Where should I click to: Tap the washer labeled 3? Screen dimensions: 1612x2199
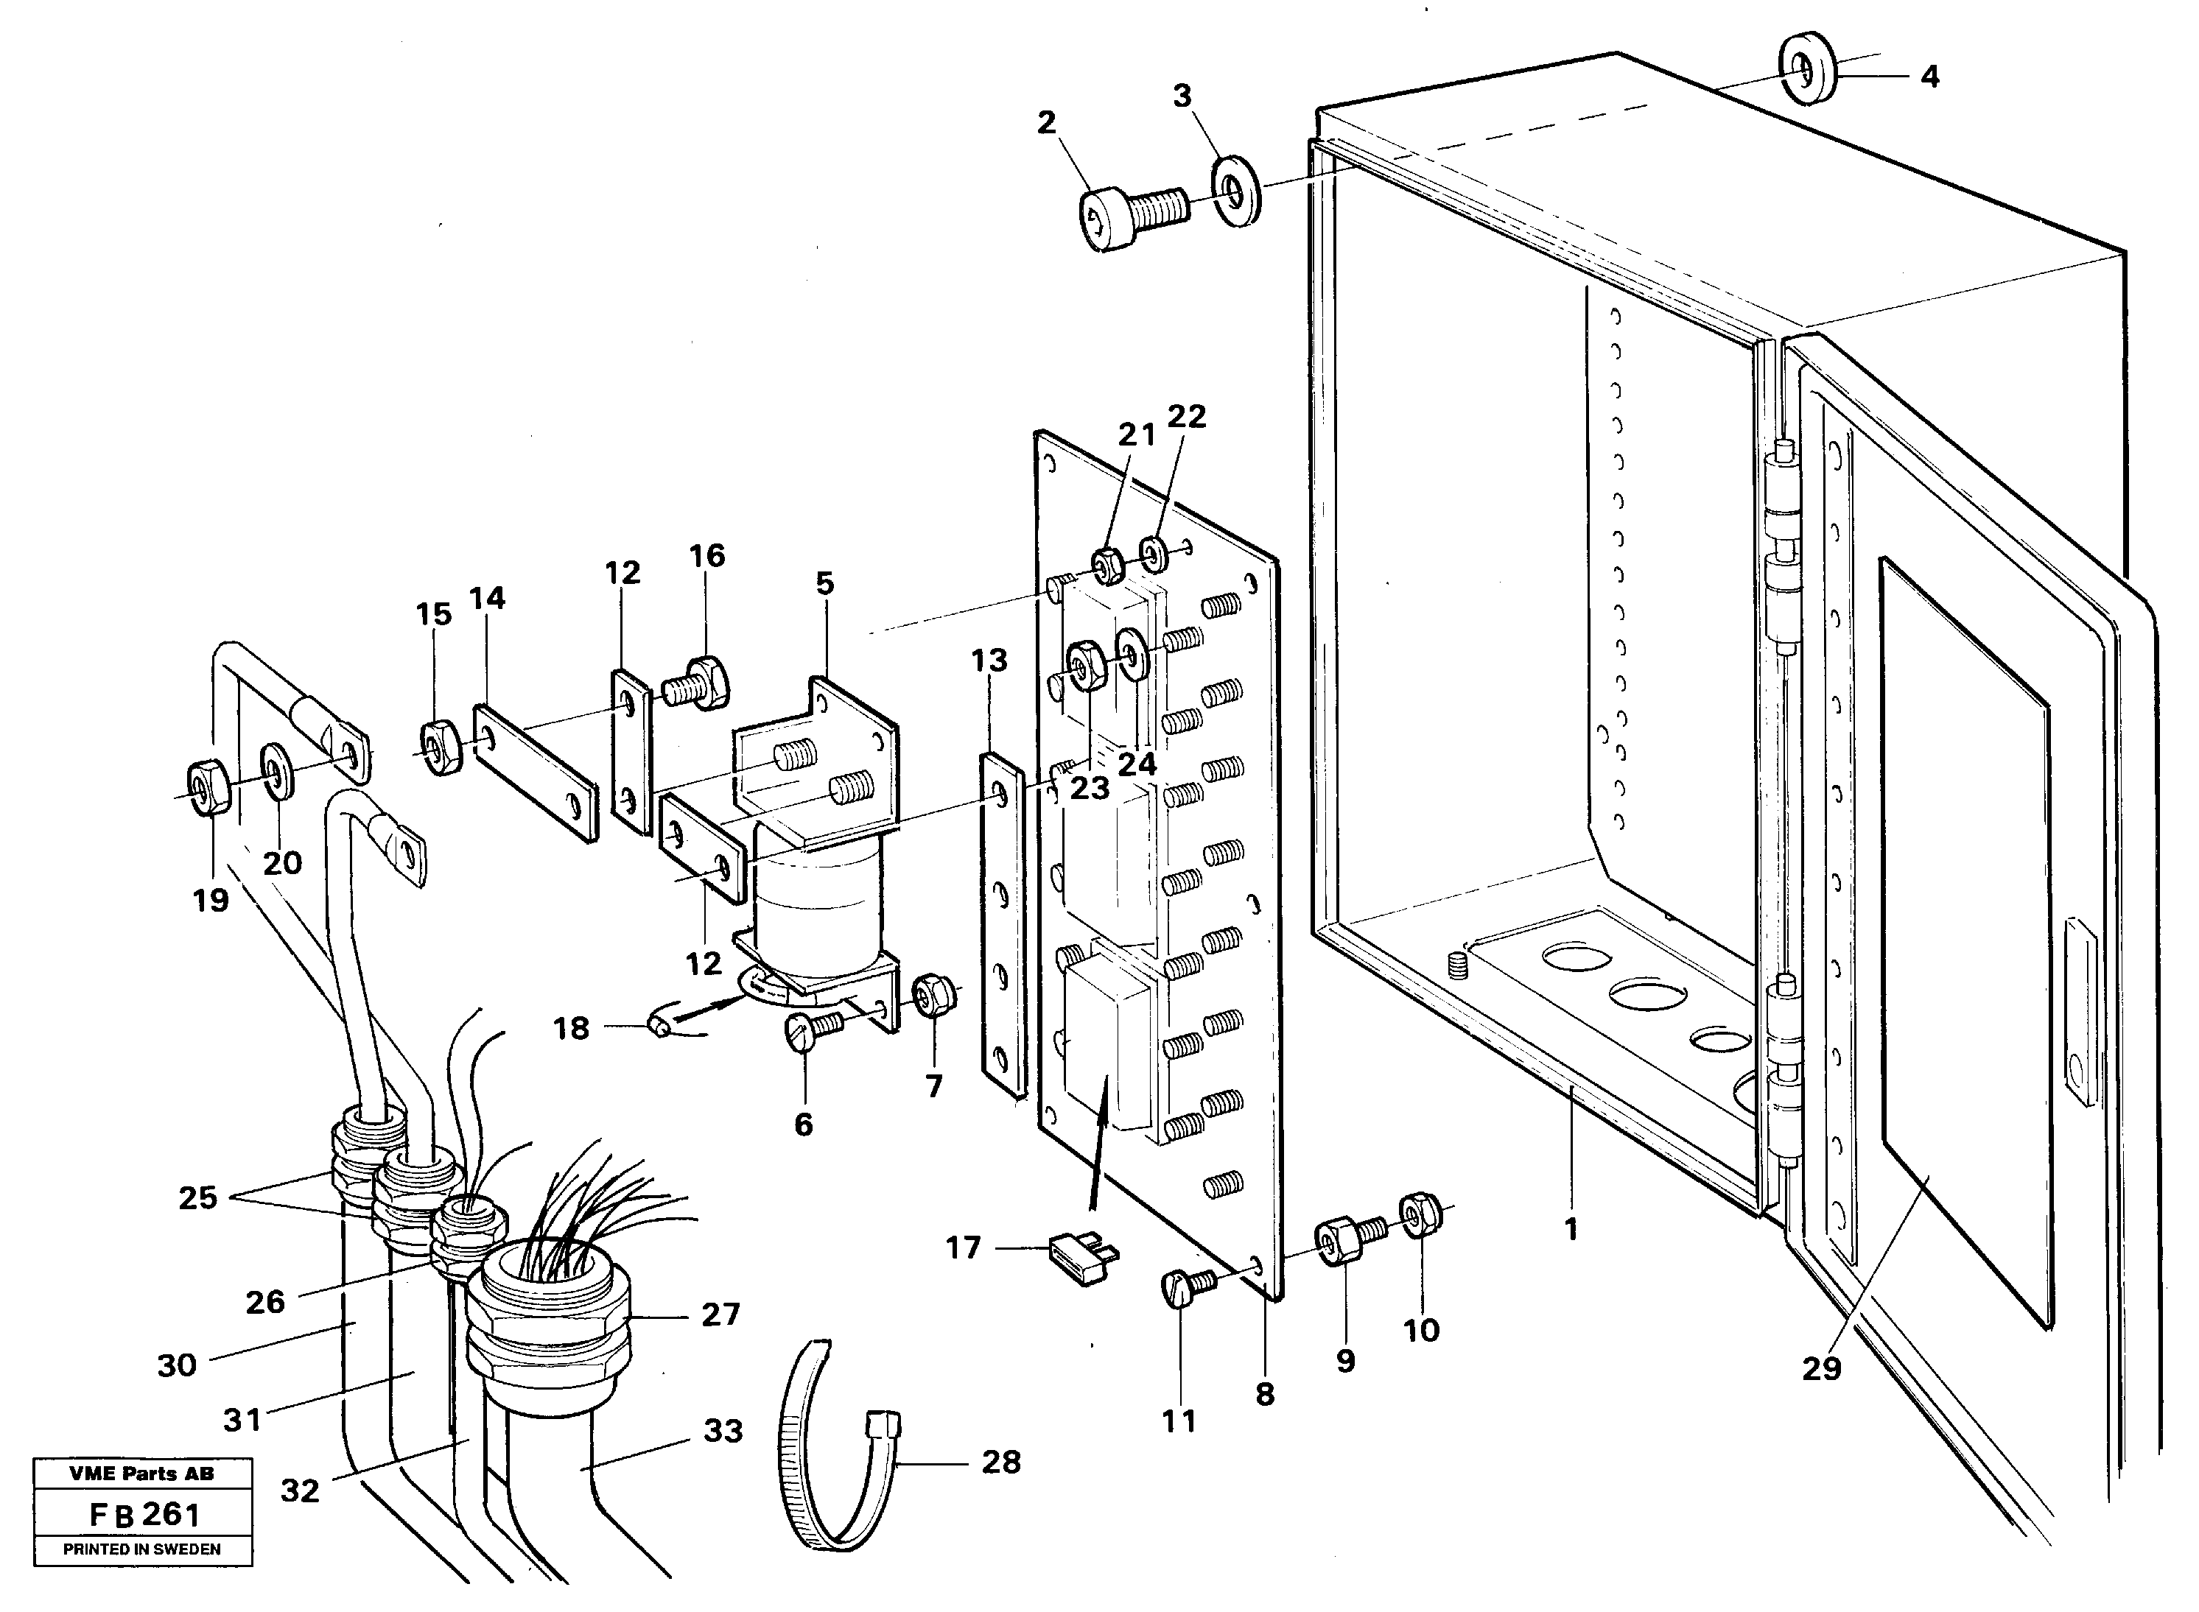pyautogui.click(x=1235, y=189)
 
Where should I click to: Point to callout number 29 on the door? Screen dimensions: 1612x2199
pyautogui.click(x=1821, y=1368)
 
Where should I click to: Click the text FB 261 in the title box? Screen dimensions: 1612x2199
pyautogui.click(x=144, y=1514)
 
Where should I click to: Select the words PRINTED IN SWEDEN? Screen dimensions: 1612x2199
pyautogui.click(x=142, y=1549)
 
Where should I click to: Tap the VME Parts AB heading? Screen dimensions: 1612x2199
pyautogui.click(x=142, y=1474)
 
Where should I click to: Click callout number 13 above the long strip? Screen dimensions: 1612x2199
pyautogui.click(x=989, y=661)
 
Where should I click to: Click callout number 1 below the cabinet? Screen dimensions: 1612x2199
pyautogui.click(x=1571, y=1231)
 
